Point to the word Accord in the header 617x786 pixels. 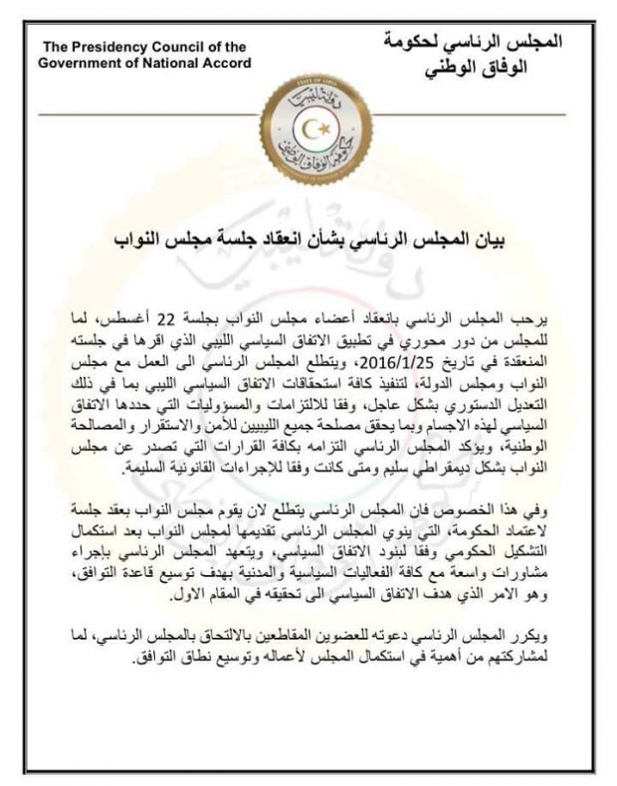[x=227, y=63]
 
